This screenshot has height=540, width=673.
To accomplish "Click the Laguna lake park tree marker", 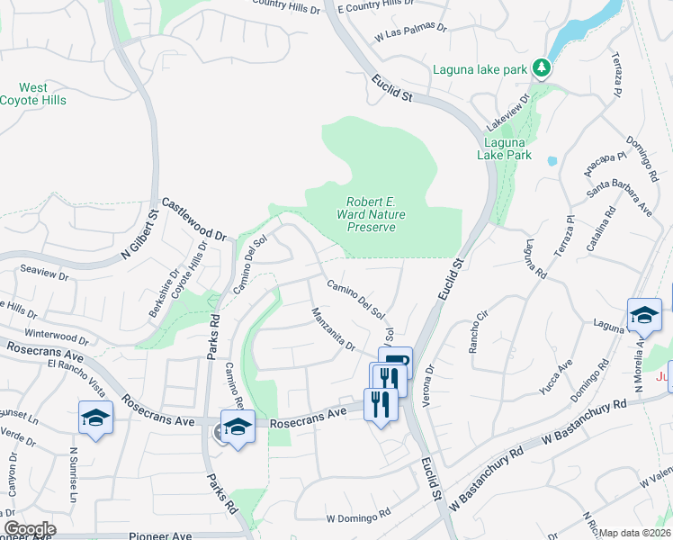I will [541, 67].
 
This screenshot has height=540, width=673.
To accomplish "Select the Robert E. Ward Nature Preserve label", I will [372, 214].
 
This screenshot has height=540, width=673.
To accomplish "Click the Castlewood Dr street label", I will [194, 221].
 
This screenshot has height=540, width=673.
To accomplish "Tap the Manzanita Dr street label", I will [333, 328].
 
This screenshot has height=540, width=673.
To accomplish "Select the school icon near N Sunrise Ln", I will [95, 418].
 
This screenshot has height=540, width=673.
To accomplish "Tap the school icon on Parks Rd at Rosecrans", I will [238, 426].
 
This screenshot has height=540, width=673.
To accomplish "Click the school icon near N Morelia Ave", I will [644, 314].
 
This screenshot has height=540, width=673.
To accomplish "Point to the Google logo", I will [29, 529].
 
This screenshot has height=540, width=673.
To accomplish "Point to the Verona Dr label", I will [430, 383].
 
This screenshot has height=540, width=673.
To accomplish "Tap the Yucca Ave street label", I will [566, 376].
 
